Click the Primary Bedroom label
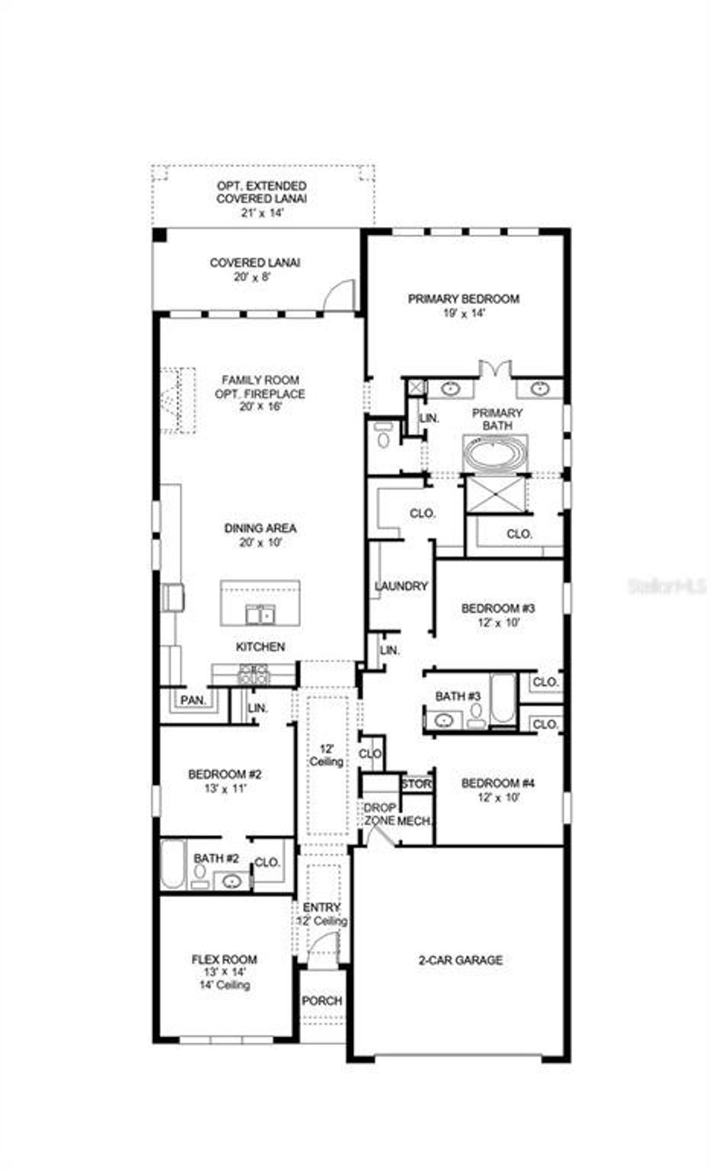tap(464, 299)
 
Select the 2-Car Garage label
tap(460, 960)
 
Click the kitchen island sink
tap(260, 615)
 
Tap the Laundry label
tap(401, 586)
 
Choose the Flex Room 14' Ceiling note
tap(225, 985)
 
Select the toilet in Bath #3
tap(476, 716)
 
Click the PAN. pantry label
tap(192, 700)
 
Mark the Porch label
tap(322, 1001)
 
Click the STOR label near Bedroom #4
tap(416, 784)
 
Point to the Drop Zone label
tap(380, 814)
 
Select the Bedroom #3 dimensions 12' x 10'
tap(498, 623)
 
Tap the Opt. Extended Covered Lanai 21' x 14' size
tap(262, 212)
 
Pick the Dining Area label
tap(260, 528)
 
